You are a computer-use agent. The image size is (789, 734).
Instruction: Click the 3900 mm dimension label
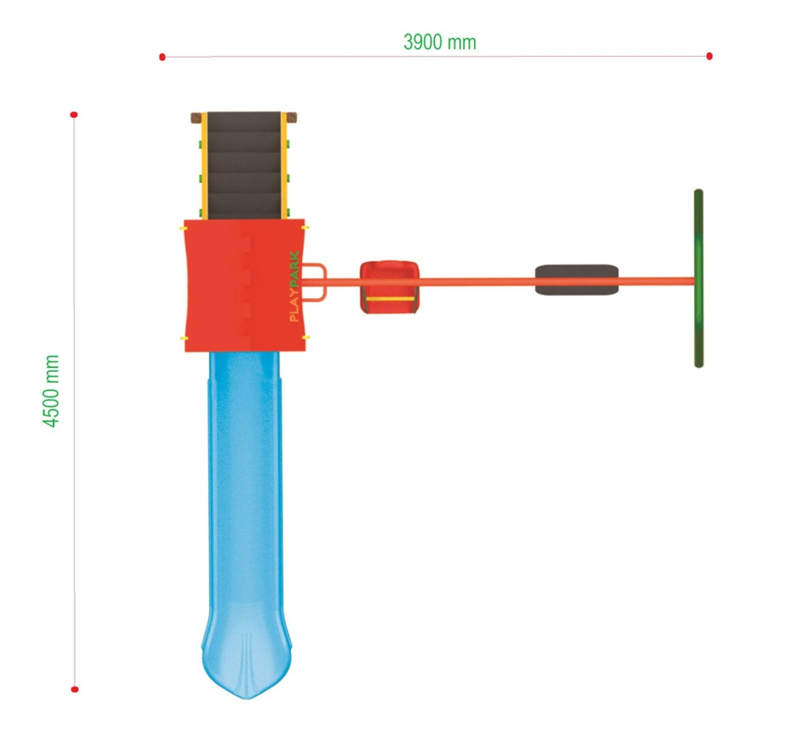click(439, 42)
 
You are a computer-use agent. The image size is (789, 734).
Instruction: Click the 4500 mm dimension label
click(51, 391)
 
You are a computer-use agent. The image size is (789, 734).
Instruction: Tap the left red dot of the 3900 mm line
click(162, 57)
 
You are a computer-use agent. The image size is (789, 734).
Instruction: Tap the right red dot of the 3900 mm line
click(709, 56)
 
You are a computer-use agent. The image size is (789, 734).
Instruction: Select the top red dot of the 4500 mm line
click(74, 115)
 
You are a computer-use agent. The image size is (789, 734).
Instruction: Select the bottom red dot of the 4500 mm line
click(74, 689)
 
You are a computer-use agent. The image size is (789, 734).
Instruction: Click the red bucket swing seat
click(389, 286)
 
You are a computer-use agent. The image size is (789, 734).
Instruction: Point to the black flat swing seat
click(576, 280)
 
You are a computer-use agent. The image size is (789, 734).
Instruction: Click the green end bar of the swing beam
click(698, 278)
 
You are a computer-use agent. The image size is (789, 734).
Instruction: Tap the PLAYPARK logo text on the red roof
click(294, 286)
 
